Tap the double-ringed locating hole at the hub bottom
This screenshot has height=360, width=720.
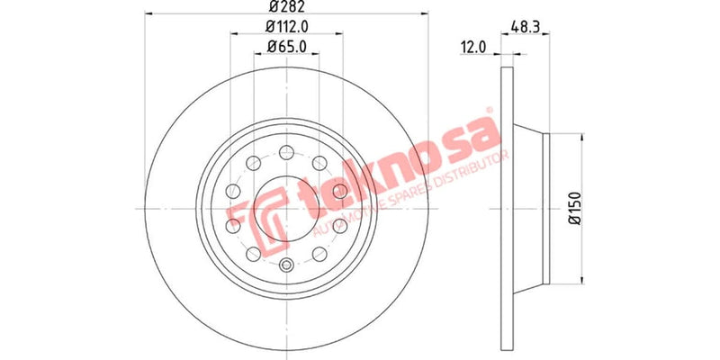(286, 265)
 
